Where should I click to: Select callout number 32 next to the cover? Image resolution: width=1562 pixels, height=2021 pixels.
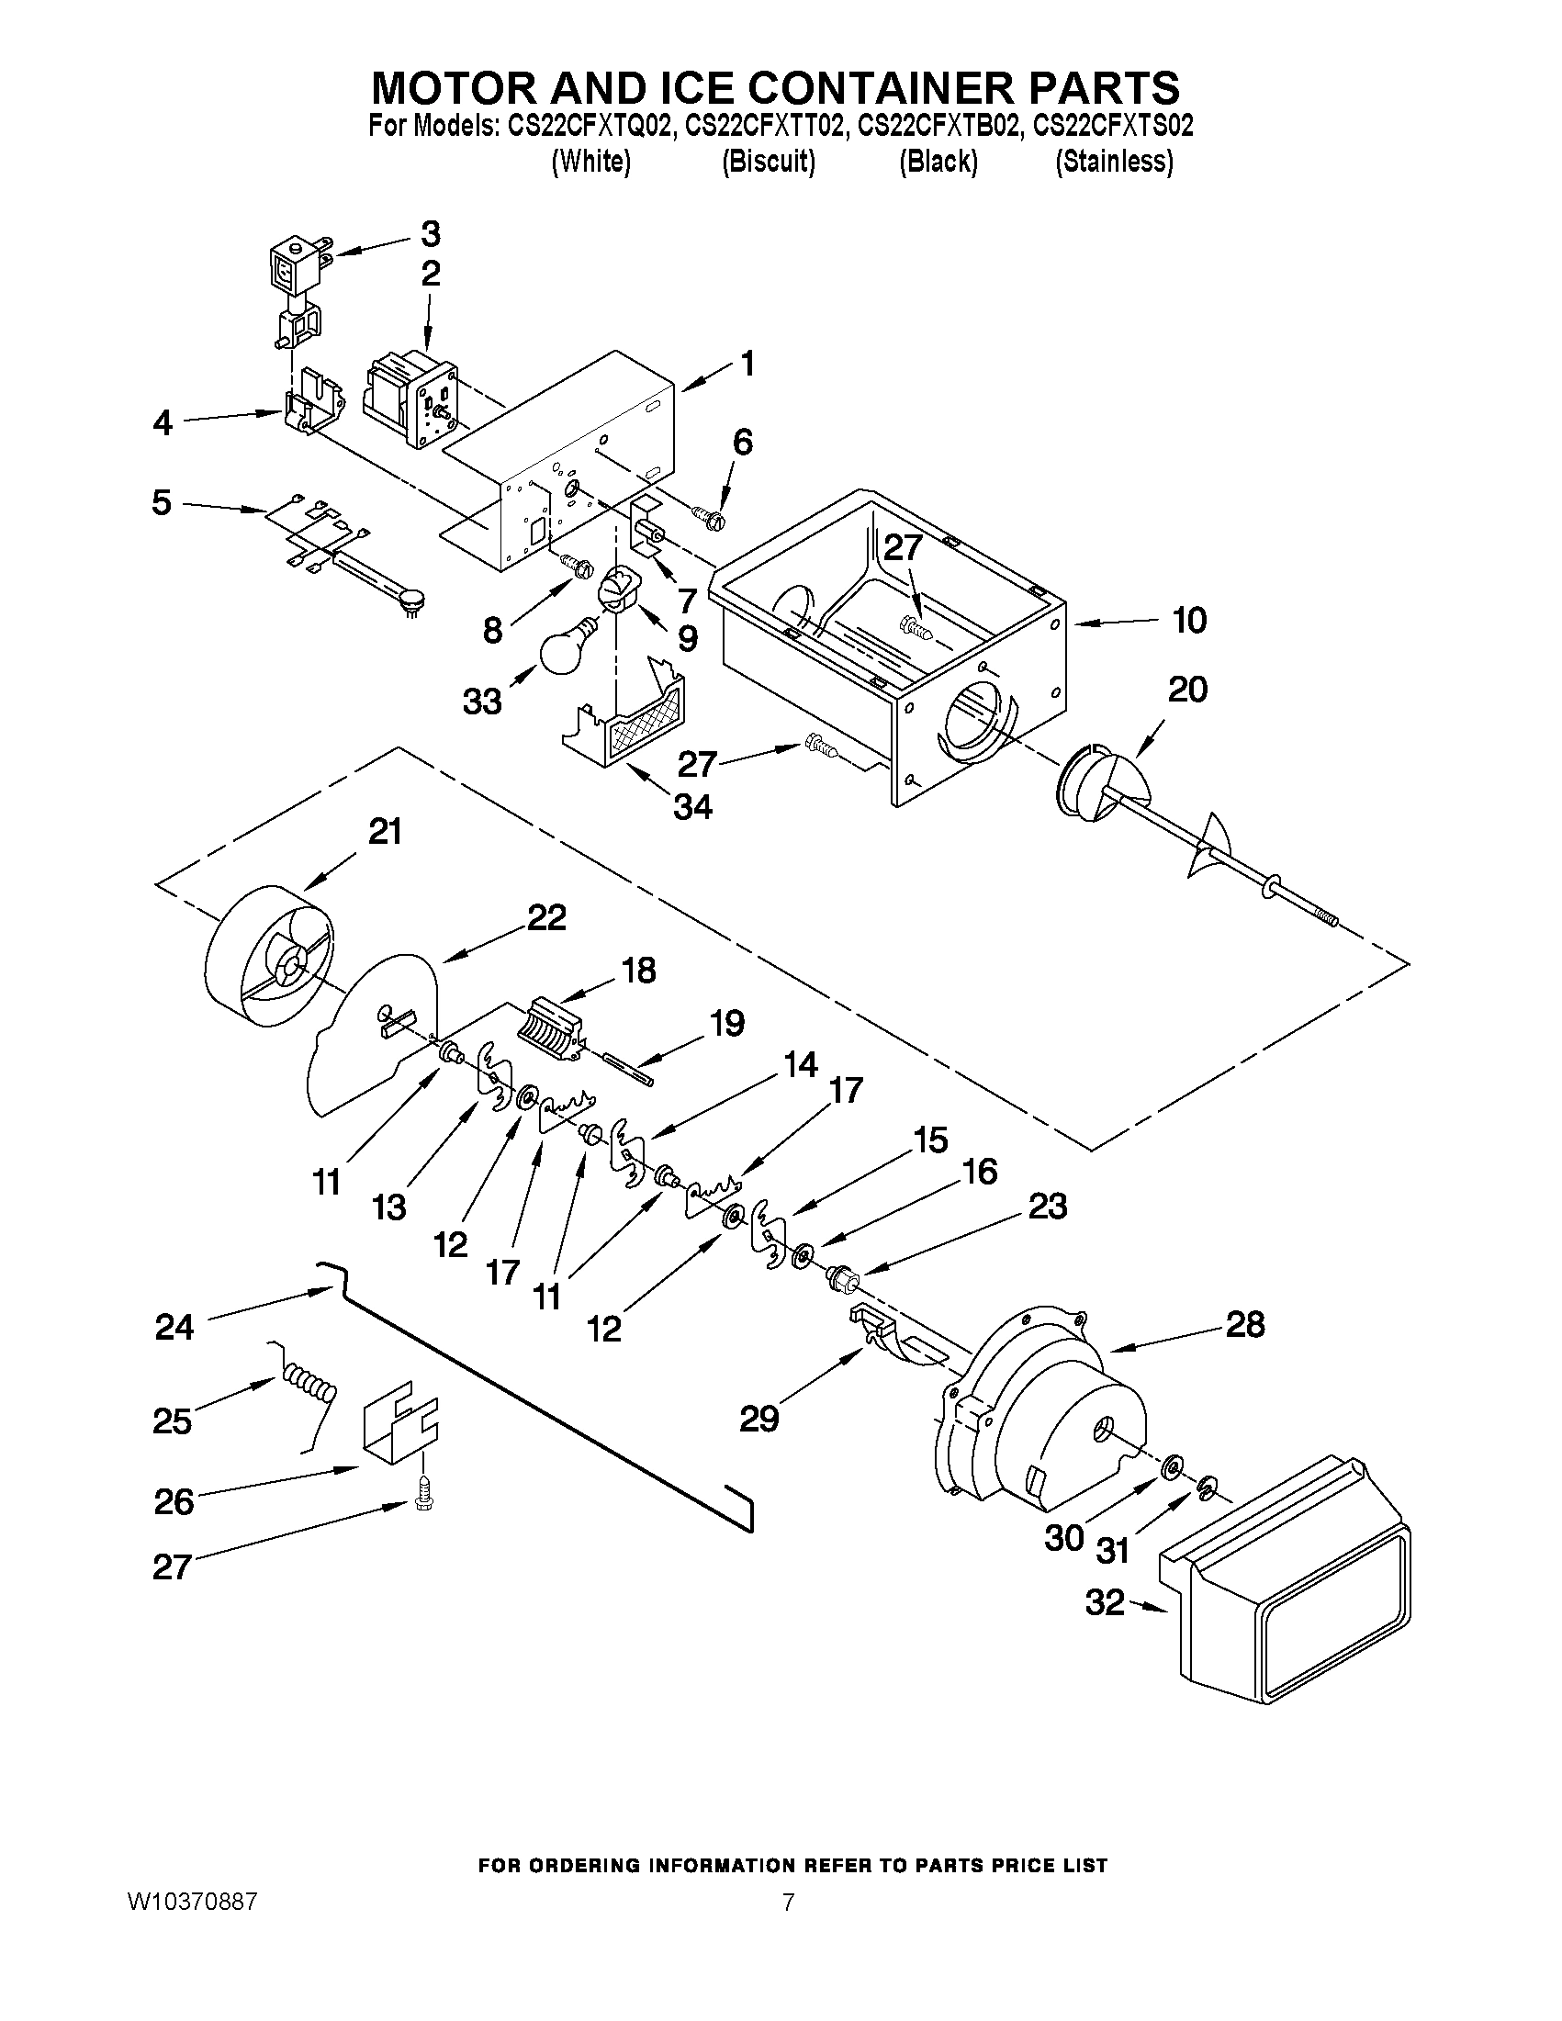click(1105, 1601)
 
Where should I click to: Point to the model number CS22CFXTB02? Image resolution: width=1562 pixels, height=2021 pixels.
click(939, 126)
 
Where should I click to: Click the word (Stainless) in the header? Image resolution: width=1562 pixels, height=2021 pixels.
click(1114, 162)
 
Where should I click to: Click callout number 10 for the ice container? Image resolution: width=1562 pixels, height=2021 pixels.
click(1188, 620)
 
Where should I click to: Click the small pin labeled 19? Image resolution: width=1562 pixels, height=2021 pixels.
click(629, 1068)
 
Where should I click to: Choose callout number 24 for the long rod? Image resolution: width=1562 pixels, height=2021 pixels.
click(174, 1328)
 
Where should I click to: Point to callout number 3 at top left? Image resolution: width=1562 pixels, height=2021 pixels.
click(431, 234)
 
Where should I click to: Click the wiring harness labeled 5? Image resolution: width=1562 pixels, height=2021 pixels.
click(338, 551)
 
